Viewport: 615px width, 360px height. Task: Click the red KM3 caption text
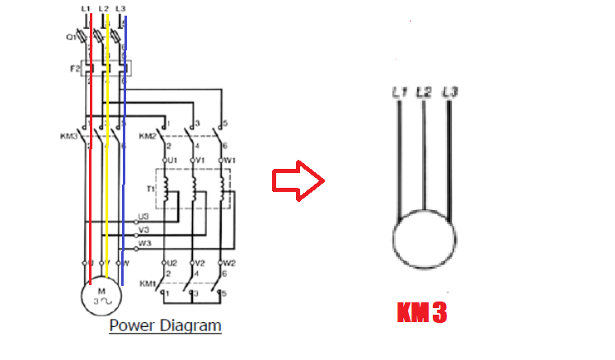[x=421, y=313]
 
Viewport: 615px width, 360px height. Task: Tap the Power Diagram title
[x=165, y=325]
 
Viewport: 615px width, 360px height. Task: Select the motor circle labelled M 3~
[x=101, y=297]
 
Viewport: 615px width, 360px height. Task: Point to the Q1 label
[x=72, y=36]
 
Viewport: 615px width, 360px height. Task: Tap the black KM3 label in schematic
[x=69, y=135]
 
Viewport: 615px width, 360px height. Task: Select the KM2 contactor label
[x=148, y=135]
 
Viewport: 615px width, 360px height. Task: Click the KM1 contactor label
[x=149, y=284]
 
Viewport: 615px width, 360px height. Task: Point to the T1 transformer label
[x=152, y=189]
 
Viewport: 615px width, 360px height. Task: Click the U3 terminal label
[x=143, y=217]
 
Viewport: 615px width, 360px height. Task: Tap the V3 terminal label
[x=143, y=230]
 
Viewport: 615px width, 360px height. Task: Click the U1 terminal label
[x=173, y=160]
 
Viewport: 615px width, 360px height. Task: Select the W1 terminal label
[x=230, y=160]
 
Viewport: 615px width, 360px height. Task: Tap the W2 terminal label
[x=230, y=263]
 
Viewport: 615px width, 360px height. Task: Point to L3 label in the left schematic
[x=120, y=7]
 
